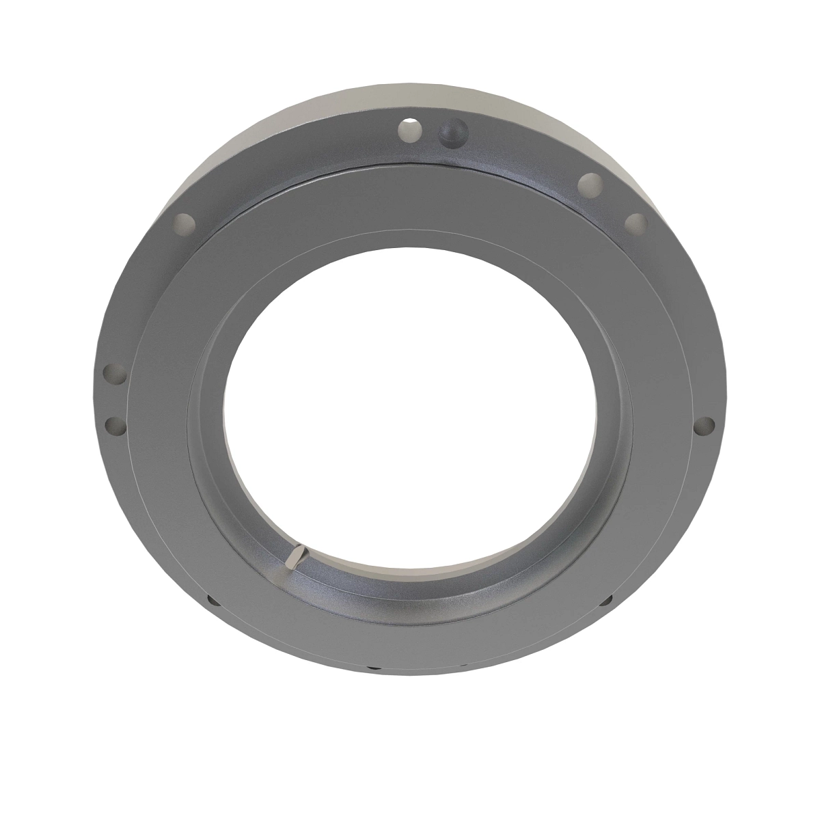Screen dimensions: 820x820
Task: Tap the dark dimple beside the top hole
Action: pyautogui.click(x=451, y=133)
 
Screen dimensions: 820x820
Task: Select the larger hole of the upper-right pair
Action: pyautogui.click(x=590, y=184)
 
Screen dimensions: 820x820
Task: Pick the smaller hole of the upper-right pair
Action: pyautogui.click(x=635, y=223)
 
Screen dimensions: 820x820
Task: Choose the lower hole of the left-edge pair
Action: pyautogui.click(x=115, y=427)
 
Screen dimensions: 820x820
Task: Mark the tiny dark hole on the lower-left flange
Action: pyautogui.click(x=211, y=601)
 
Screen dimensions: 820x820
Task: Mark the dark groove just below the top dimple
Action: pyautogui.click(x=451, y=164)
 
